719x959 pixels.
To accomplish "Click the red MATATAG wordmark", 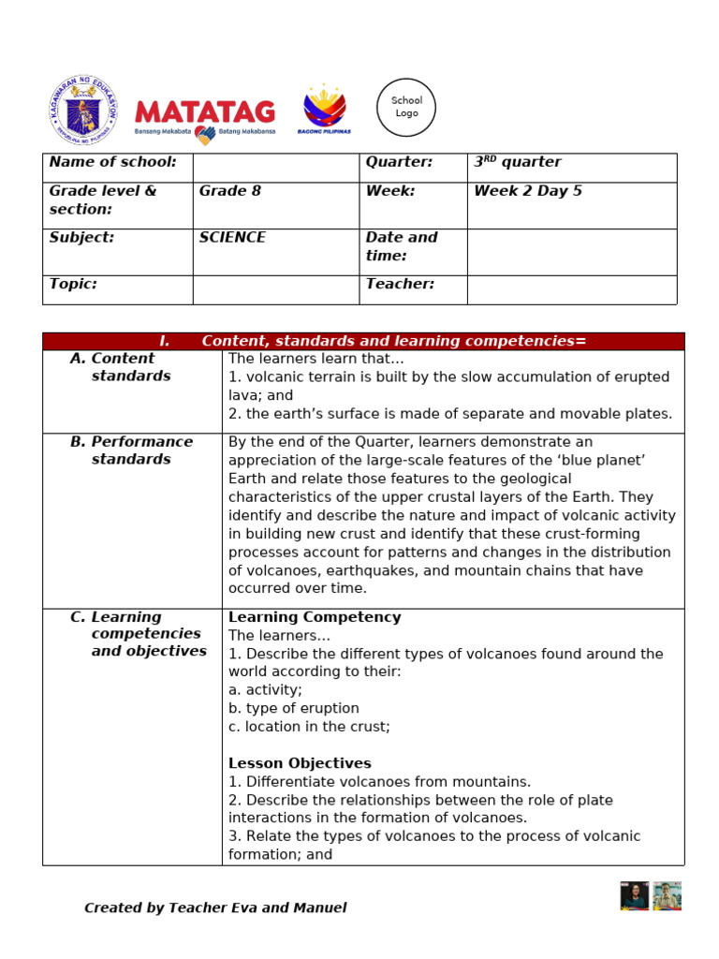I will click(205, 112).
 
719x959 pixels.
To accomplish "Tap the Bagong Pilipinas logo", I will click(324, 109).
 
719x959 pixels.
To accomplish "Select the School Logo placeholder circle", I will click(406, 108).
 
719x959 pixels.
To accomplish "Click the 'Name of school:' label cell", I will click(113, 163).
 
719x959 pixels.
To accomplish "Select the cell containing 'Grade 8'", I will click(230, 191).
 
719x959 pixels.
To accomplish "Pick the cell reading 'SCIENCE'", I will click(232, 238).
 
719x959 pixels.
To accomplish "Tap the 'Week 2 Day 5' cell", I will click(528, 191).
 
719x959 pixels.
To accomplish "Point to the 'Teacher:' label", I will click(400, 285).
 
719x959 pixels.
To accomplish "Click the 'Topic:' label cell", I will click(74, 285).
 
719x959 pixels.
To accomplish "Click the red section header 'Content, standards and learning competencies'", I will click(393, 341).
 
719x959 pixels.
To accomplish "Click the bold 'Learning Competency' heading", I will click(315, 617).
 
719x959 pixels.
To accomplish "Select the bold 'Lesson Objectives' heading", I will click(300, 763).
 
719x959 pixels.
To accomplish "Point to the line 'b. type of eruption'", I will click(294, 708).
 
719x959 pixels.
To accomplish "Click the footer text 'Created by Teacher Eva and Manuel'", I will click(215, 907).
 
